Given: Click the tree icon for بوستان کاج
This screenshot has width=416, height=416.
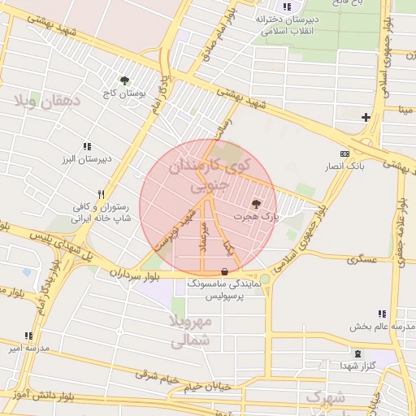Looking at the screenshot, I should point(124,80).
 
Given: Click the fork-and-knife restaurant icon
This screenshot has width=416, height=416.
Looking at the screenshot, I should point(101,194).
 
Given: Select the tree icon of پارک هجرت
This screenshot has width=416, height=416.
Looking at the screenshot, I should point(257,204).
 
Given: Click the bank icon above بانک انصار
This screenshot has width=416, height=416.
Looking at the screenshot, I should point(344,153).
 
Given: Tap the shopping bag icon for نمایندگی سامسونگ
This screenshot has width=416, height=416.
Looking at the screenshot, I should point(225,271).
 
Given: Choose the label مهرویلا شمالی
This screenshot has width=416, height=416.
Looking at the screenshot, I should point(192,331).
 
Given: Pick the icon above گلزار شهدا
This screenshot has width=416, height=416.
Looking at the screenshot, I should point(358,353).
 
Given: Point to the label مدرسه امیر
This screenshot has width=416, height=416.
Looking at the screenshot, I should point(25,349).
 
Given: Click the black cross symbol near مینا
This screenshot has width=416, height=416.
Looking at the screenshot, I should point(366,117).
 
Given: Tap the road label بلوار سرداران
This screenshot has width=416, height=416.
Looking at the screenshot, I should point(136,274).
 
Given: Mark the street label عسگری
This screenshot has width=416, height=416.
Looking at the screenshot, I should point(362,260).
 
